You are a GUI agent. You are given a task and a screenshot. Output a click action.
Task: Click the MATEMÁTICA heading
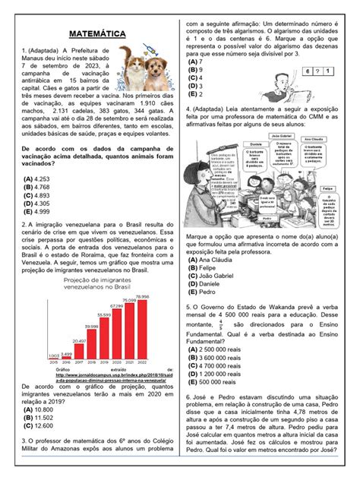94,34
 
